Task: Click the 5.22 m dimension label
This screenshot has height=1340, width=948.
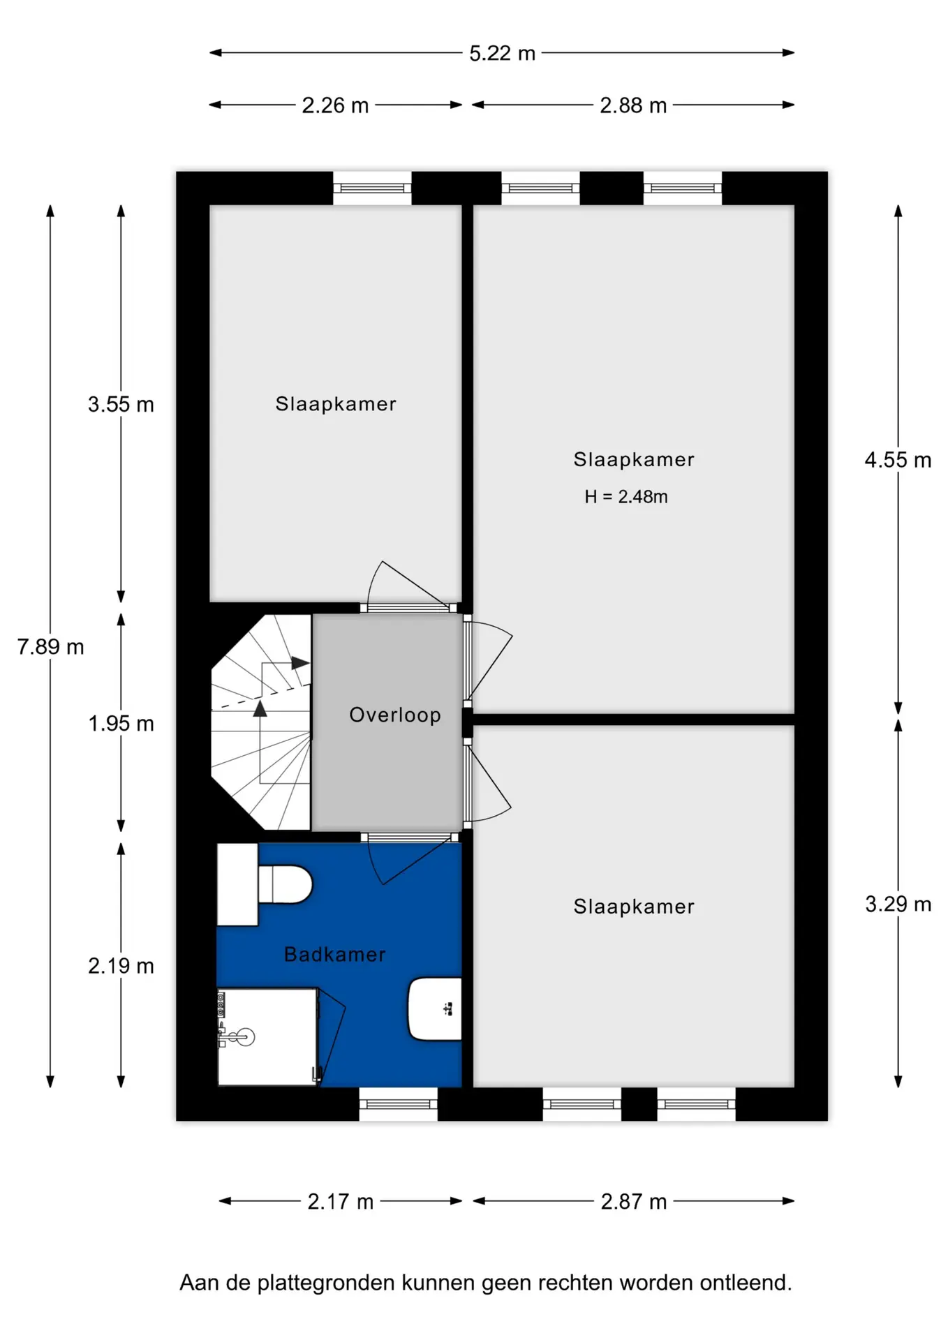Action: point(502,53)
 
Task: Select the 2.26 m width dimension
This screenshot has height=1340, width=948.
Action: point(335,105)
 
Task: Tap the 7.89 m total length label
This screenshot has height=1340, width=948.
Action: point(50,647)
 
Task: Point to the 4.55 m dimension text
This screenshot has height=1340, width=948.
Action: point(898,460)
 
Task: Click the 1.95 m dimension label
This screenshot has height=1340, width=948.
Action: point(121,724)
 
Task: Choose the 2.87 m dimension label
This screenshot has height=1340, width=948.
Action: point(634,1202)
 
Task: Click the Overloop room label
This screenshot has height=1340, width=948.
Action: point(395,715)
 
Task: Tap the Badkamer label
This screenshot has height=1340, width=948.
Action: point(335,954)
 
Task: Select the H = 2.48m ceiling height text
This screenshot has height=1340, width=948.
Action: point(626,497)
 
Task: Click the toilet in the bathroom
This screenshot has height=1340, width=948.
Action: point(285,884)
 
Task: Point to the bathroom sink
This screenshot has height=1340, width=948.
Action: point(434,1009)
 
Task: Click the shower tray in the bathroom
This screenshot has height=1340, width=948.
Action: point(268,1037)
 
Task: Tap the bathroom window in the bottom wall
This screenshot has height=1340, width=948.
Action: point(399,1104)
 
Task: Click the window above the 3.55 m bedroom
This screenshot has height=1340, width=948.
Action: point(372,188)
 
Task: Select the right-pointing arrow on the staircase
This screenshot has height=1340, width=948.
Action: point(301,663)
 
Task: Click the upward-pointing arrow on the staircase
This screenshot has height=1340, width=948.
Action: point(260,709)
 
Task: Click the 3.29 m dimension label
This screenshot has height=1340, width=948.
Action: point(898,904)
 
